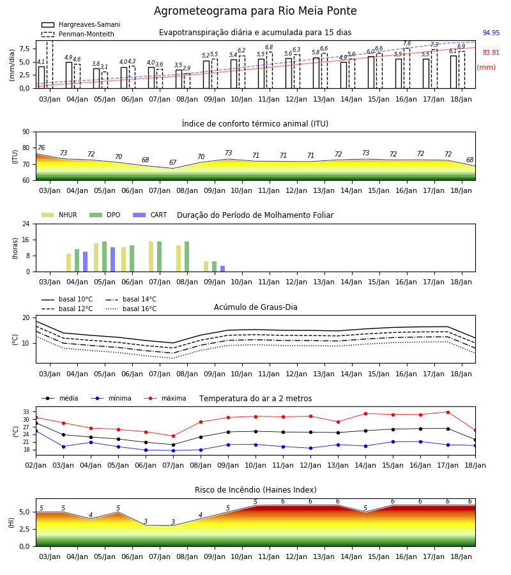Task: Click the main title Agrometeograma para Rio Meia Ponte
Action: (255, 11)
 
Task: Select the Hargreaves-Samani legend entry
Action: (80, 24)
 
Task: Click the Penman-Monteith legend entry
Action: (78, 34)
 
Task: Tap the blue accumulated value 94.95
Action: (491, 33)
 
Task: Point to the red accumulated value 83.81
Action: (491, 52)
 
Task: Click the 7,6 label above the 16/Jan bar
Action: (407, 43)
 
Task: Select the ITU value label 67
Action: (172, 162)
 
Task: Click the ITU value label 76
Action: (41, 148)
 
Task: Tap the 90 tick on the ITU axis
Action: (26, 132)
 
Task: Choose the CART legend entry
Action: (150, 215)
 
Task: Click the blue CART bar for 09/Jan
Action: (222, 269)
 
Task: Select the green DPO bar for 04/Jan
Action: (77, 261)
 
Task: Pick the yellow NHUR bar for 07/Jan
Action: (151, 257)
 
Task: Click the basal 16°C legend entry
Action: (131, 309)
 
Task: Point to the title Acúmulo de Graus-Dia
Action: (256, 307)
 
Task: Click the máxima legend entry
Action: (165, 398)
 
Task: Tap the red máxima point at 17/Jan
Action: (448, 412)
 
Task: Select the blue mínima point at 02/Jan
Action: (36, 431)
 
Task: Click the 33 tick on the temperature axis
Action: (26, 412)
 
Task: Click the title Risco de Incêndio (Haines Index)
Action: (256, 490)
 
